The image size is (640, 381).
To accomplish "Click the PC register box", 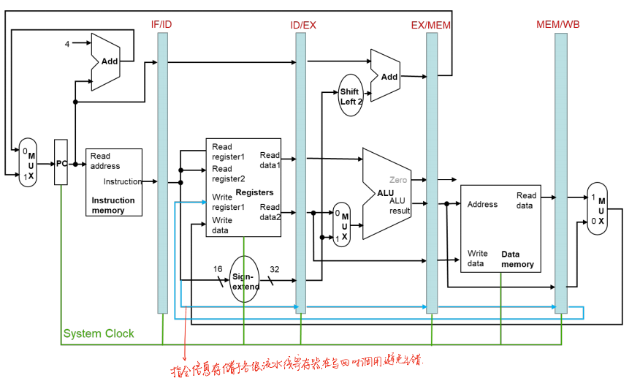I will (62, 163).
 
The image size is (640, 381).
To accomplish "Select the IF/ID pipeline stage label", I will (161, 25).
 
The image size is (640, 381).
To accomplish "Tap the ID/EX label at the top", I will (303, 25).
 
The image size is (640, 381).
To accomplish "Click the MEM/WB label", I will (559, 25).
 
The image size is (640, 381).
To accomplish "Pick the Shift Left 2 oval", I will (351, 97).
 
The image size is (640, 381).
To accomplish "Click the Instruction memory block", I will (114, 182).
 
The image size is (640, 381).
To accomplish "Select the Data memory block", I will (500, 228).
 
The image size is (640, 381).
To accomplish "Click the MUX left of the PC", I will (27, 162).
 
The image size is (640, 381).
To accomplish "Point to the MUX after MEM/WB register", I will (597, 208).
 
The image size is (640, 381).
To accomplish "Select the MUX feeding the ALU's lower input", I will (342, 225).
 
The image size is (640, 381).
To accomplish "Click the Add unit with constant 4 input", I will (107, 62).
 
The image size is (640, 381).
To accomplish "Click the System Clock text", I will (99, 333).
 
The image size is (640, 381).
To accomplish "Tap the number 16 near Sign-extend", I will (218, 270).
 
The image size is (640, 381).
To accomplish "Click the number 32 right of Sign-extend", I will (274, 270).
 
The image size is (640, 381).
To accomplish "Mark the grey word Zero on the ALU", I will (398, 180).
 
